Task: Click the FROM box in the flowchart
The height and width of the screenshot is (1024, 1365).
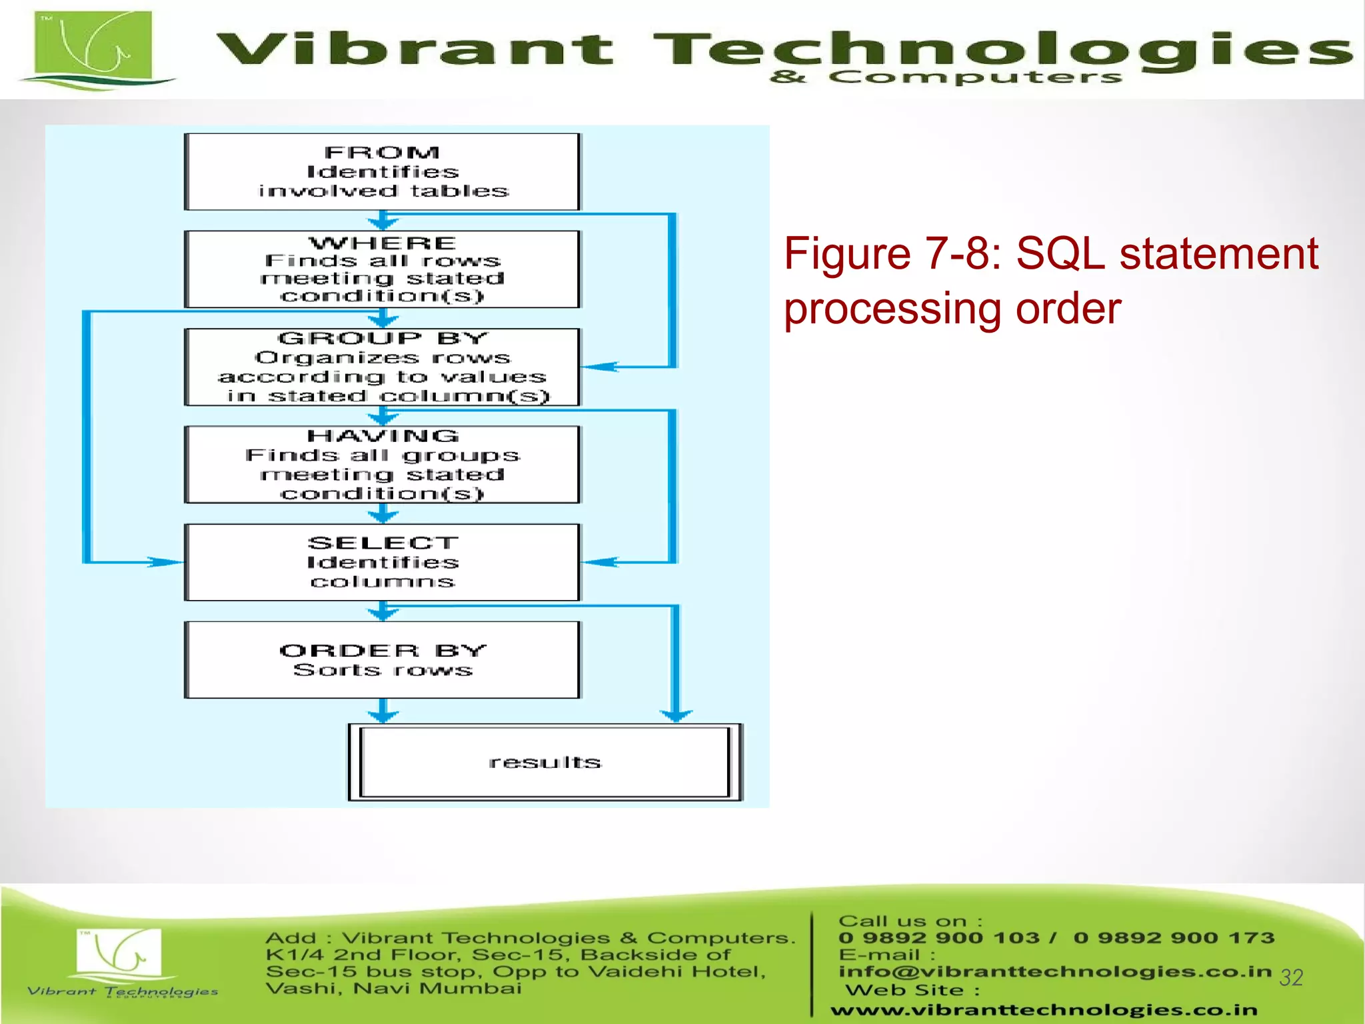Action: coord(382,172)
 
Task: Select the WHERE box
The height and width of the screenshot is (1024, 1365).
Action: coord(382,269)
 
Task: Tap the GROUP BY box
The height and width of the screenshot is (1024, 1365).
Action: coord(382,367)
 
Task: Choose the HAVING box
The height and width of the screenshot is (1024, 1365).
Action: coord(382,465)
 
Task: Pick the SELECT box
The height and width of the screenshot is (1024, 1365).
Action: coord(382,562)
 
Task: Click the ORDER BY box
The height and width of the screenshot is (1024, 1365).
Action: coord(382,659)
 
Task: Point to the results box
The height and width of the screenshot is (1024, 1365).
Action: coord(545,762)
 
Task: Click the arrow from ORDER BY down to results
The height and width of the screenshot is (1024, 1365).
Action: coord(383,712)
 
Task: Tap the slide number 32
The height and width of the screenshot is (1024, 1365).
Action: coord(1291,977)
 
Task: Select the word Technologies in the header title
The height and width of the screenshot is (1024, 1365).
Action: coord(1000,49)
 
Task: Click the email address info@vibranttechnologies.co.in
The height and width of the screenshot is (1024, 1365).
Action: coord(1055,971)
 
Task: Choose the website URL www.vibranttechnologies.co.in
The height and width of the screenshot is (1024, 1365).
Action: coord(1044,1011)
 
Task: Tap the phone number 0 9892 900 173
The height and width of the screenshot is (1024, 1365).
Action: coord(1174,938)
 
